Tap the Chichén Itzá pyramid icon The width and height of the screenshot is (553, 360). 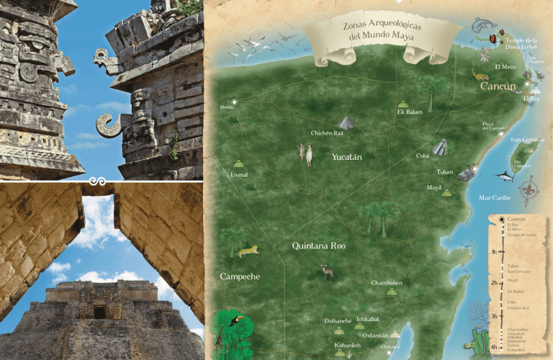tap(346, 123)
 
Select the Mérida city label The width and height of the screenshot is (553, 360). tap(228, 109)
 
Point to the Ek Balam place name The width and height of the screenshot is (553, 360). tap(409, 112)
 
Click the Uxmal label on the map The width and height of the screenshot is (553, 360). tap(238, 175)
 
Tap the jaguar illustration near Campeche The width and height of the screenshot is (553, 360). tap(248, 251)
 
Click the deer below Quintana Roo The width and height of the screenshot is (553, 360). tap(328, 271)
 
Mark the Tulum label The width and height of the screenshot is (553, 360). tap(445, 173)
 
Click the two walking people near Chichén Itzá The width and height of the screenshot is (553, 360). tap(306, 153)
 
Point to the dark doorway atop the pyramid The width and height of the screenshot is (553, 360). tap(99, 312)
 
